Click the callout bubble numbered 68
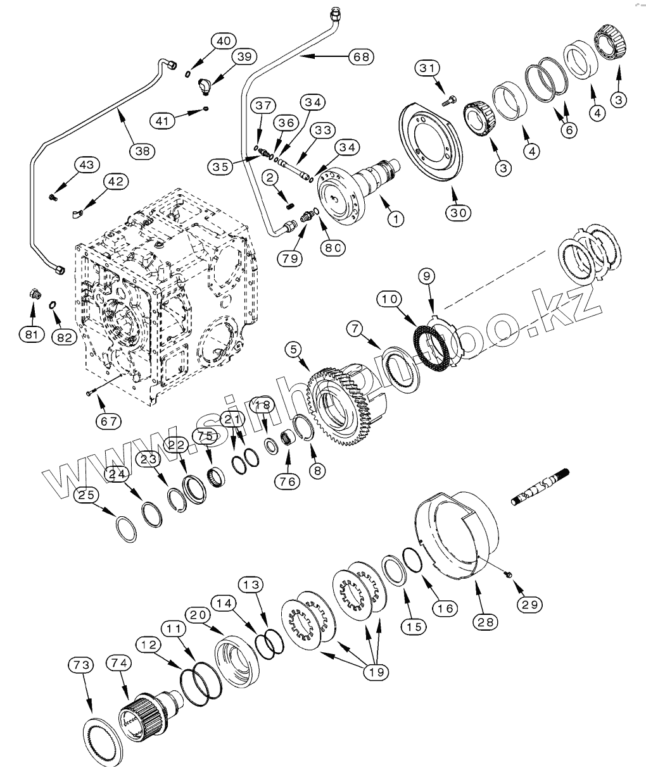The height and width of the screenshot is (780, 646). pos(360,56)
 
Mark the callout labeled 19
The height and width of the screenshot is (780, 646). pos(376,671)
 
